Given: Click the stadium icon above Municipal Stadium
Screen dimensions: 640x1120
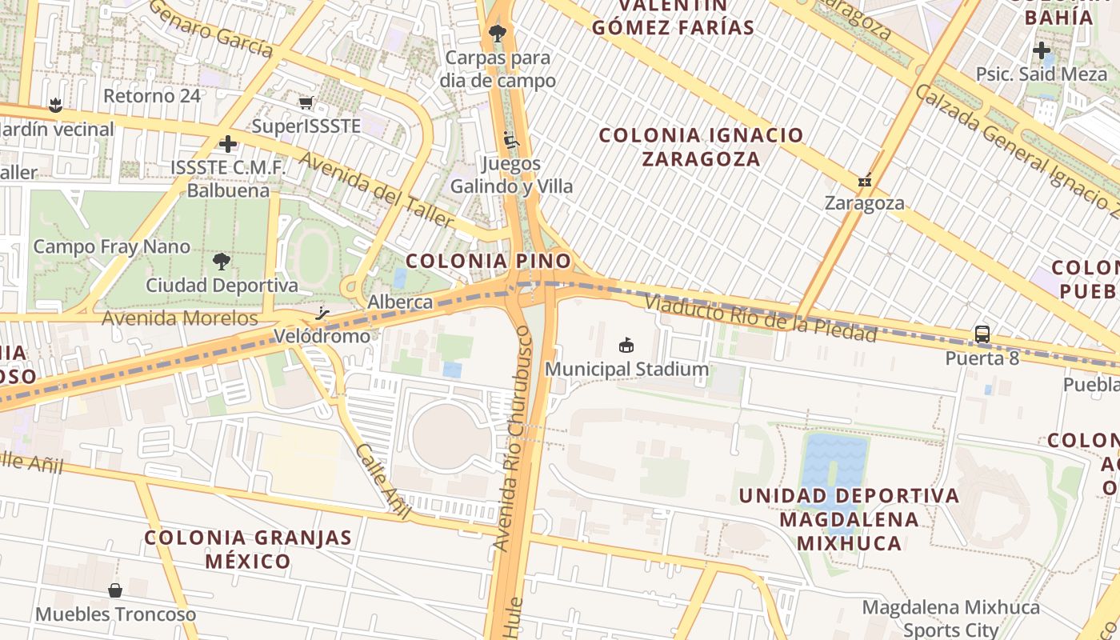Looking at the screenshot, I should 626,346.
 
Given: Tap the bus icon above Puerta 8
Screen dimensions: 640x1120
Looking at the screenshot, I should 982,334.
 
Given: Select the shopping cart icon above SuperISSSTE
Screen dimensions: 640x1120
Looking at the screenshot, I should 306,102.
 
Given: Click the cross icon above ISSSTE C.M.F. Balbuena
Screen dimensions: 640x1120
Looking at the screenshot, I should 228,144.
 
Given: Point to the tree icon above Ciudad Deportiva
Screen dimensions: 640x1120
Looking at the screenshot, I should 222,261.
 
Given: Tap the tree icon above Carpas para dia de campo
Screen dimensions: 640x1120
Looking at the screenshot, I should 498,34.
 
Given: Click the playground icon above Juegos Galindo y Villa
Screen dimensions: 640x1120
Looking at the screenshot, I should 511,140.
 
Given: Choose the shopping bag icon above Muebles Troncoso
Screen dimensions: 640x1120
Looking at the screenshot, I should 115,590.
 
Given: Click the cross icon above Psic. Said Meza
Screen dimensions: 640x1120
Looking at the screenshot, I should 1041,50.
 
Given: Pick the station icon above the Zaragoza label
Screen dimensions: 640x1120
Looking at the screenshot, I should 864,180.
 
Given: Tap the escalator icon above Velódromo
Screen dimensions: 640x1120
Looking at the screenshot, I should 322,313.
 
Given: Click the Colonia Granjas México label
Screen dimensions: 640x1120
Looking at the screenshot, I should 248,549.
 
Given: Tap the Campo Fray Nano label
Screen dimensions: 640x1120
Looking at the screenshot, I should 112,246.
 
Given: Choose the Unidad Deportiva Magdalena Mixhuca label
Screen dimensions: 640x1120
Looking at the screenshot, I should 849,519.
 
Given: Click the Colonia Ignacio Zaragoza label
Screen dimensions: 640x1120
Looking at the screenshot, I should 701,146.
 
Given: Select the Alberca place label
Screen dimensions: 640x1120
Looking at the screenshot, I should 400,302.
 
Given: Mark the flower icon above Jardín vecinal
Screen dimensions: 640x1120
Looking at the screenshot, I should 55,105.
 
